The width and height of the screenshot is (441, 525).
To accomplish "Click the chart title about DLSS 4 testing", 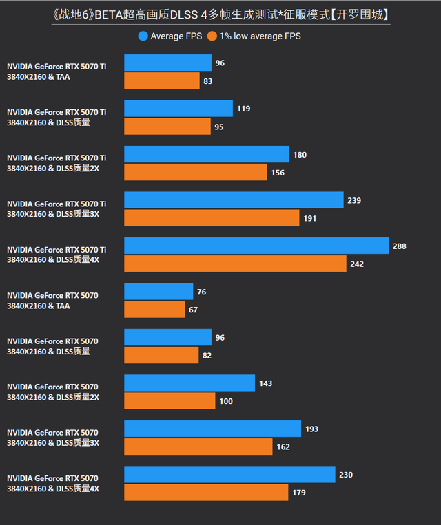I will (220, 14).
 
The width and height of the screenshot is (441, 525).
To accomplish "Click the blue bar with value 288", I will (256, 246).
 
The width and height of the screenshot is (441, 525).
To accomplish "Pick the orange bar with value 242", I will (235, 264).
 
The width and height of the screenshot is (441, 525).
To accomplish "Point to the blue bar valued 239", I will (234, 200).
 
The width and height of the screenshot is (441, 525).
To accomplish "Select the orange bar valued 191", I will (212, 218).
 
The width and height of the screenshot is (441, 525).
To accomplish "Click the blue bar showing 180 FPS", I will (207, 154).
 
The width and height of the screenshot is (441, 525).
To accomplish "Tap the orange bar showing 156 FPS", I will (196, 172).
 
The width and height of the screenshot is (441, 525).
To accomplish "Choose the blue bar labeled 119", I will (178, 109).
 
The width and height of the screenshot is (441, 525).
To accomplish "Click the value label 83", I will (208, 81).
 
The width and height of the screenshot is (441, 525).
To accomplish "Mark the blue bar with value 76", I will (158, 292).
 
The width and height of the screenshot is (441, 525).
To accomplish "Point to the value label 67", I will (193, 310).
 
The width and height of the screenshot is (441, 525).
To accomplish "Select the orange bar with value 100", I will (170, 400).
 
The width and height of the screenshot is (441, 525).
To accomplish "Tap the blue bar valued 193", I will (212, 429).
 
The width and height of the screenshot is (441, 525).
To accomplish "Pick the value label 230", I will (346, 475).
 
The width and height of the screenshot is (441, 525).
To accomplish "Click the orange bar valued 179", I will (206, 492).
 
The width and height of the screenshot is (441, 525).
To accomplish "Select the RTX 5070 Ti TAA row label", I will (57, 72).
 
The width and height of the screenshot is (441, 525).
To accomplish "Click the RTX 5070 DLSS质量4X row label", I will (53, 483).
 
